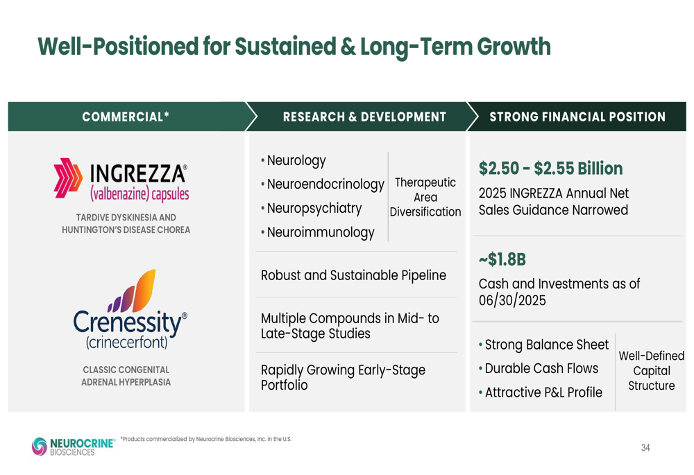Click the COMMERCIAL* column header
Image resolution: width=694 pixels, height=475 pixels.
[126, 116]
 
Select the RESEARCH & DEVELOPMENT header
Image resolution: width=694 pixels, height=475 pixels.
[365, 116]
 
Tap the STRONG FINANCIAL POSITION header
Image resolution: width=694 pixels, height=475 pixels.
[577, 116]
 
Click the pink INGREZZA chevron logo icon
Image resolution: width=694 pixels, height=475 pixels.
[68, 178]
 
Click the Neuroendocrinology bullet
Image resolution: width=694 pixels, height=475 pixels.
[323, 184]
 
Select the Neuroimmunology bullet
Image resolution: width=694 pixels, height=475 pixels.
[318, 232]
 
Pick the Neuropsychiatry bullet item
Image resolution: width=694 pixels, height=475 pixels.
[312, 208]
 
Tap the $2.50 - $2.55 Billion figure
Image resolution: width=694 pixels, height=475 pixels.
[550, 169]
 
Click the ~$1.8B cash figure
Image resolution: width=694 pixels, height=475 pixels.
[502, 259]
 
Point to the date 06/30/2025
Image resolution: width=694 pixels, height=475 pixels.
[512, 301]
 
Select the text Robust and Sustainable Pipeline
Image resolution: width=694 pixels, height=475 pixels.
[353, 275]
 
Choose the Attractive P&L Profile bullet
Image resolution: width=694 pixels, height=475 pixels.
[541, 392]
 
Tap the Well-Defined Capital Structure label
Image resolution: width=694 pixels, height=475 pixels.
[652, 370]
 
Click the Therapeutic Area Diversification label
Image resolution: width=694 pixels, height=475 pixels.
[425, 197]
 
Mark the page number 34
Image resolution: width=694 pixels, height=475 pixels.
[645, 447]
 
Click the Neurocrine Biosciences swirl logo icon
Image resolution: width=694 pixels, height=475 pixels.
[40, 447]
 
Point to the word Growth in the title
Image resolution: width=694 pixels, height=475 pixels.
[514, 46]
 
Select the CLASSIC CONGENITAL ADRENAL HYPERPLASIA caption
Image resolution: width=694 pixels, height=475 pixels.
[126, 376]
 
